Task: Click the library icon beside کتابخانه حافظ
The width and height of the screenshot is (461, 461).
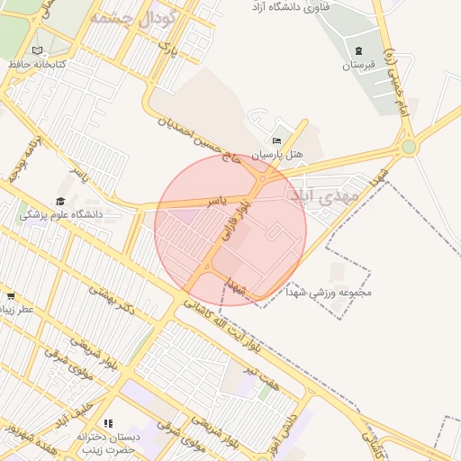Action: click(x=37, y=50)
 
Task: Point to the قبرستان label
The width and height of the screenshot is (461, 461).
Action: click(x=359, y=65)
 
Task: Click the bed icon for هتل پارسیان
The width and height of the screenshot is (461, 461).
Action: click(x=276, y=141)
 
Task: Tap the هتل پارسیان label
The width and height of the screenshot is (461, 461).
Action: click(x=278, y=155)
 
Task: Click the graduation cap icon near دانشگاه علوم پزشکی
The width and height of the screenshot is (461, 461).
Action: click(x=60, y=202)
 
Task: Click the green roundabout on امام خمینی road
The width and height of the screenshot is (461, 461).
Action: click(x=410, y=146)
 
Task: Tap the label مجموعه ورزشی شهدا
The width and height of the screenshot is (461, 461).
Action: click(x=334, y=293)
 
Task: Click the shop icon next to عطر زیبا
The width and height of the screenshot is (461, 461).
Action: click(x=10, y=295)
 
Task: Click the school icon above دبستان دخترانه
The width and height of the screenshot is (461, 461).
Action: click(x=107, y=423)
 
